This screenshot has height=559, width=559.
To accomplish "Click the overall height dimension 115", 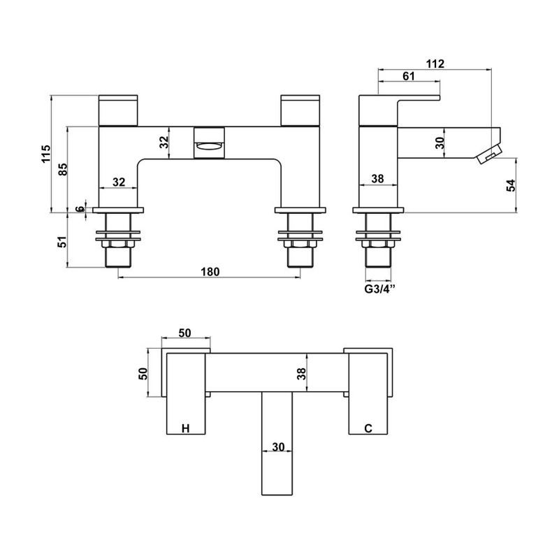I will coord(45,154).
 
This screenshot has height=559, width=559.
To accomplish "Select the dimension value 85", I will coord(62,168).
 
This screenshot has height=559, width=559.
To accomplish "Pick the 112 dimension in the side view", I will coord(435,64).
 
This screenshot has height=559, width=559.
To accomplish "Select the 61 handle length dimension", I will coord(409,76).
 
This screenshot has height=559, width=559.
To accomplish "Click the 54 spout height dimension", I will coord(510,185).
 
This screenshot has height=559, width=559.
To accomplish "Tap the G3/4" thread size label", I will coord(379,289).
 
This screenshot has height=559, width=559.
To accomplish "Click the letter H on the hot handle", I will coord(185,428).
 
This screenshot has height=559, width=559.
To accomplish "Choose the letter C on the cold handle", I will coord(367,428).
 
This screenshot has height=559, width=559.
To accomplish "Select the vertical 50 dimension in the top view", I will coord(143,373).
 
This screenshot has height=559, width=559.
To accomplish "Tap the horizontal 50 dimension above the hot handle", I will coord(185,333).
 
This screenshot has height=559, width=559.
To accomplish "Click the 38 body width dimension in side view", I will coord(378,179).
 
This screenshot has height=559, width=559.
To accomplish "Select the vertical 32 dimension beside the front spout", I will coord(163,143).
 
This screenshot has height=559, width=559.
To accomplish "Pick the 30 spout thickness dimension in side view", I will coord(440,143).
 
